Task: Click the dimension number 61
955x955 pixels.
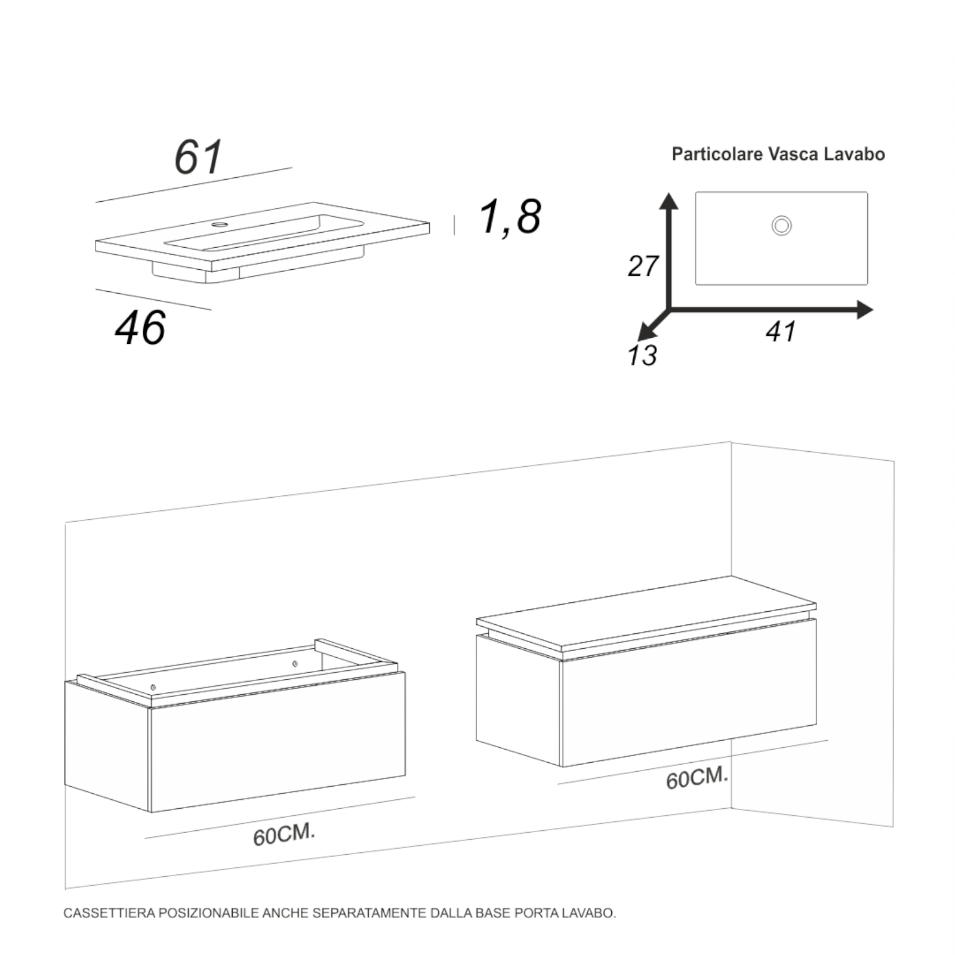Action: tap(198, 157)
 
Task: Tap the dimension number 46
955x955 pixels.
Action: tap(140, 328)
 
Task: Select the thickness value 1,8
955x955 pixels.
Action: tap(510, 217)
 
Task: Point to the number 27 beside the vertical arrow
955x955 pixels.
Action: tap(643, 266)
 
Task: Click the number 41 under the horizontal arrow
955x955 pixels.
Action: tap(781, 332)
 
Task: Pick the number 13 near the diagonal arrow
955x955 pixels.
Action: tap(642, 356)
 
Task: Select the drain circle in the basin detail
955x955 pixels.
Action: tap(781, 226)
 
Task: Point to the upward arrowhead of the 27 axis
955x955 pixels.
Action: tap(669, 201)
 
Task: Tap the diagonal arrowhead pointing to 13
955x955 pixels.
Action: tap(645, 333)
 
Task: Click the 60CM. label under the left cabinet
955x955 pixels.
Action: tap(284, 834)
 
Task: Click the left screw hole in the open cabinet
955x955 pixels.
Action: tap(153, 687)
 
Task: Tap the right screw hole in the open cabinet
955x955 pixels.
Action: tap(294, 663)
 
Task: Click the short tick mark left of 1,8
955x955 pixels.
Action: tap(454, 225)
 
